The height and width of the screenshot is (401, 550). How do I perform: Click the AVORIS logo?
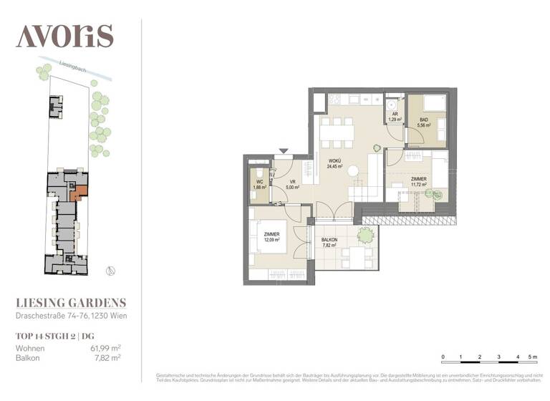point(64,35)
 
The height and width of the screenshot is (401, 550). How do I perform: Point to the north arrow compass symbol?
point(110,270)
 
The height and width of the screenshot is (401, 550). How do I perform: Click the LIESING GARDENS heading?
point(71,303)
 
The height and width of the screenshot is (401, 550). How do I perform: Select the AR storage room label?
point(394,113)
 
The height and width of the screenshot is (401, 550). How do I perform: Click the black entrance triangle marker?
point(284,151)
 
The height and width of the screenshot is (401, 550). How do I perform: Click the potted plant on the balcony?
point(366,234)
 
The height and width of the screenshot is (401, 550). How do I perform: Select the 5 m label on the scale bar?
point(531,356)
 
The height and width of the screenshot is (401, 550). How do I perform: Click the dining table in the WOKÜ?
point(337,130)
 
